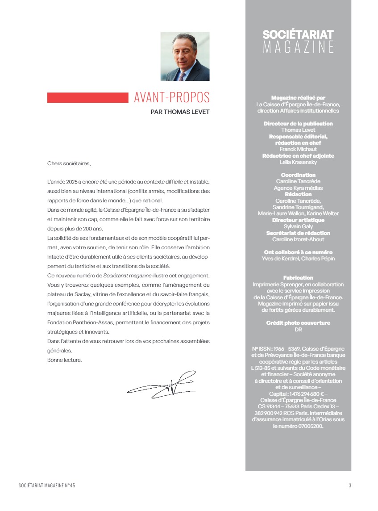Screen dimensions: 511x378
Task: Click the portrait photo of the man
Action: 185,56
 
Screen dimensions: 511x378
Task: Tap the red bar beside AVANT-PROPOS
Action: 87,97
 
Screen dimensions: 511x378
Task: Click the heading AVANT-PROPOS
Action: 172,98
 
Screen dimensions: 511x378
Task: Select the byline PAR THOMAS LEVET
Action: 180,112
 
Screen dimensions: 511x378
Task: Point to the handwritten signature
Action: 162,383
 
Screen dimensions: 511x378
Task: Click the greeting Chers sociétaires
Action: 69,163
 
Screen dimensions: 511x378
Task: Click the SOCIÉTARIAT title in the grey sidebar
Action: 298,34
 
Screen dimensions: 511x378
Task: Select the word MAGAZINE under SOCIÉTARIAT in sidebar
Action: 298,47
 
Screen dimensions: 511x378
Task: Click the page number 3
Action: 350,486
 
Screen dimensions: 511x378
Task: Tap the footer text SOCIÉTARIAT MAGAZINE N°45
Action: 50,486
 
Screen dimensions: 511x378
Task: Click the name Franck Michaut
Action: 298,149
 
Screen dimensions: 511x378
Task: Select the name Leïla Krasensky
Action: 298,162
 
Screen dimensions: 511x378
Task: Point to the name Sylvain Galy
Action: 298,226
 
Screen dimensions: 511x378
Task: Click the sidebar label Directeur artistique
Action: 298,220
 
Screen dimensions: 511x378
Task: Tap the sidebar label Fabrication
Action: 298,278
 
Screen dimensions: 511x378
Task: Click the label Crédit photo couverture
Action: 298,323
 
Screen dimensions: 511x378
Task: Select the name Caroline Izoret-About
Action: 298,239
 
